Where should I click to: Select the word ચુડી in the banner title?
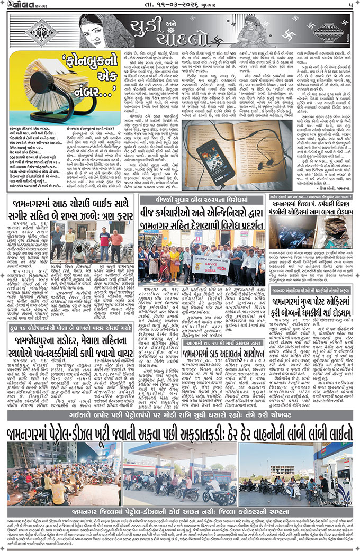click(x=143, y=24)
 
